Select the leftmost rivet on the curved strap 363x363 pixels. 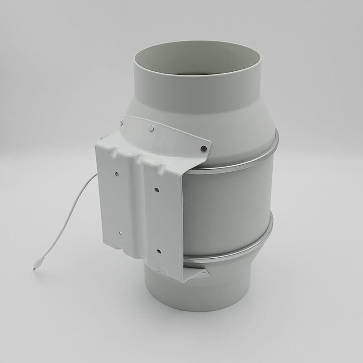tap(122, 122)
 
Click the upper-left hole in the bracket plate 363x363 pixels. tap(117, 173)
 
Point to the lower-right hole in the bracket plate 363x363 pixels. tap(159, 250)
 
